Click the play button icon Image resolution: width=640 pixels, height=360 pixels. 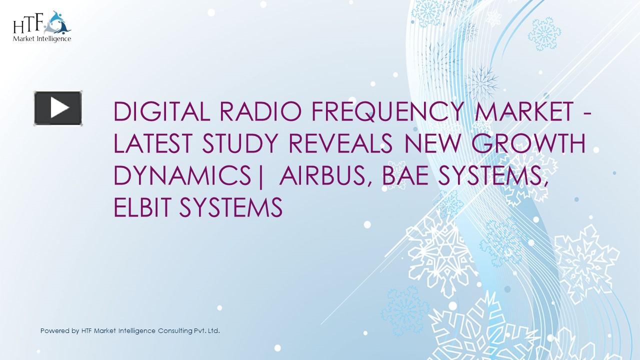click(x=58, y=108)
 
